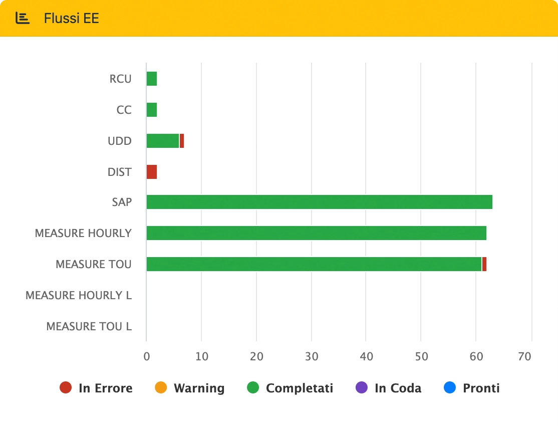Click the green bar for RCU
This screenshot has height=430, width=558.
point(151,79)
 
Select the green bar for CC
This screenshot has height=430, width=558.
point(151,110)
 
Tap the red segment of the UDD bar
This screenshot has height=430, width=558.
point(182,141)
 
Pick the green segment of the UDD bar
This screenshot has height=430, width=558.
point(162,141)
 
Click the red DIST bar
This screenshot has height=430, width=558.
point(151,172)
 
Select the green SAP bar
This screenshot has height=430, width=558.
point(319,202)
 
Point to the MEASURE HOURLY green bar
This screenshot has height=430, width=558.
point(316,233)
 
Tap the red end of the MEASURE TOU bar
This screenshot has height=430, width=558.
point(484,264)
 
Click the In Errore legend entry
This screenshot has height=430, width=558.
point(96,388)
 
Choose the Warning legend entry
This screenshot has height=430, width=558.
point(190,388)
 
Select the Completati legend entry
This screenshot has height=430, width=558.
point(290,388)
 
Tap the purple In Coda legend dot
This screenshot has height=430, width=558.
point(361,387)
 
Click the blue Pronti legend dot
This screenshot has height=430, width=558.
point(450,387)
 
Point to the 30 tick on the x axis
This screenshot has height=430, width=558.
point(312,356)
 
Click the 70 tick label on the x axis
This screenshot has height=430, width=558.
point(524,356)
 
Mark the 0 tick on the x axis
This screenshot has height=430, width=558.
point(146,356)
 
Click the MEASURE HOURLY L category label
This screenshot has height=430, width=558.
point(79,295)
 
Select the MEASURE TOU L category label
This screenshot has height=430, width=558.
point(89,326)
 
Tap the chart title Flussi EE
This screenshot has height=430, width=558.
point(71,19)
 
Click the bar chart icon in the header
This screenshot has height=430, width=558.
point(23,18)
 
